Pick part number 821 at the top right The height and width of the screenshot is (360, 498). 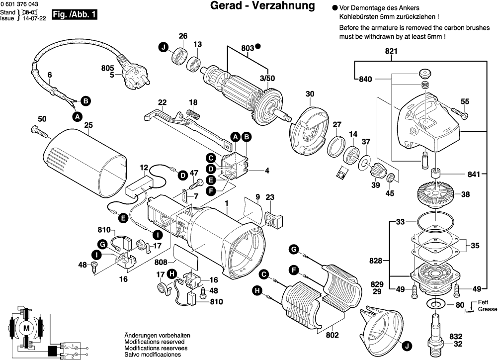click(392, 51)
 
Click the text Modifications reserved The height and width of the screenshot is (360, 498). click(154, 342)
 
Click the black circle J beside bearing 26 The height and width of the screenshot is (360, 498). click(163, 48)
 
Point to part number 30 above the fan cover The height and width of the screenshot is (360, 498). click(310, 94)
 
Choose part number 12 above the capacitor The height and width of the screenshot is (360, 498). click(144, 167)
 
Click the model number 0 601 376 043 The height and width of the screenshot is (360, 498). click(19, 4)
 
